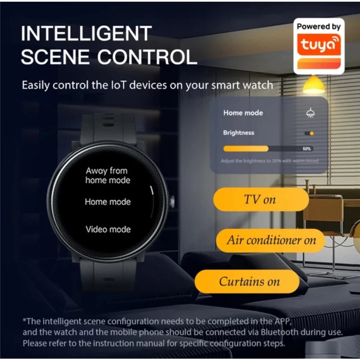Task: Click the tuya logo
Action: pyautogui.click(x=319, y=45)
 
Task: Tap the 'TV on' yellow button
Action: pyautogui.click(x=261, y=199)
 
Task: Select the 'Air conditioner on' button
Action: pyautogui.click(x=270, y=240)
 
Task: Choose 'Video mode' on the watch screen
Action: pyautogui.click(x=108, y=229)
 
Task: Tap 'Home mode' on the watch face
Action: pyautogui.click(x=108, y=202)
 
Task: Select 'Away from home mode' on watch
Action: pyautogui.click(x=108, y=175)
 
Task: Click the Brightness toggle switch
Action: pyautogui.click(x=309, y=133)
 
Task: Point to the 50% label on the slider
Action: pyautogui.click(x=307, y=149)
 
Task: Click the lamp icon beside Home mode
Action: pyautogui.click(x=310, y=113)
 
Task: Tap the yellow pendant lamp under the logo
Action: pyautogui.click(x=314, y=84)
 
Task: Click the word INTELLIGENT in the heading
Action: pyautogui.click(x=86, y=33)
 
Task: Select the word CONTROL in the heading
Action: pyautogui.click(x=147, y=57)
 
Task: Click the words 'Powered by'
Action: pyautogui.click(x=319, y=27)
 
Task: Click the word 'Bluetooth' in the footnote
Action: pyautogui.click(x=279, y=332)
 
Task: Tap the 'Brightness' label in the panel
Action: pyautogui.click(x=239, y=133)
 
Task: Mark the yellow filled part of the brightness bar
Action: pyautogui.click(x=246, y=149)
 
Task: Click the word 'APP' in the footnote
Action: pyautogui.click(x=283, y=321)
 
